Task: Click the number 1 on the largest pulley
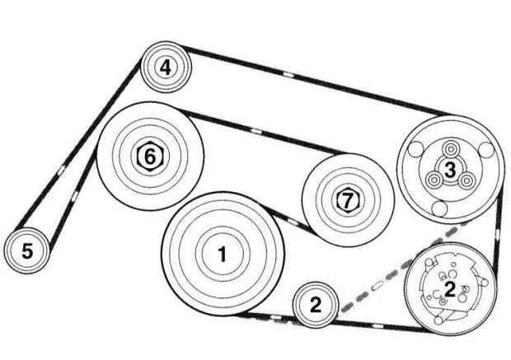pyautogui.click(x=222, y=255)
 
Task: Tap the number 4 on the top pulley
pyautogui.click(x=166, y=67)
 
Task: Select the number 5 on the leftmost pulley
pyautogui.click(x=27, y=250)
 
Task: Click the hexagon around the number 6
pyautogui.click(x=148, y=154)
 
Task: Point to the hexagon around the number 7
pyautogui.click(x=346, y=199)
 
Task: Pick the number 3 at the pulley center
pyautogui.click(x=449, y=169)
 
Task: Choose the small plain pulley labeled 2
pyautogui.click(x=315, y=305)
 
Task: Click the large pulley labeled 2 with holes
pyautogui.click(x=449, y=288)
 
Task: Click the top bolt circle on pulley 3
pyautogui.click(x=451, y=148)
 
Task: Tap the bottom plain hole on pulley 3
pyautogui.click(x=440, y=208)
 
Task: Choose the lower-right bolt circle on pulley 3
pyautogui.click(x=467, y=180)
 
